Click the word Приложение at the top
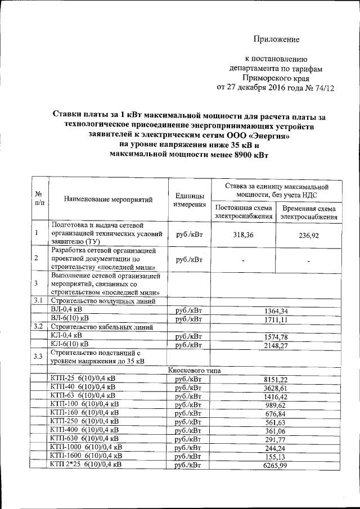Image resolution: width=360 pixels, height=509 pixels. [276, 39]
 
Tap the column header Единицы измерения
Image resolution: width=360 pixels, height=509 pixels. [190, 200]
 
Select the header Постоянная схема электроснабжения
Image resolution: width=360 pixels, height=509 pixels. [244, 213]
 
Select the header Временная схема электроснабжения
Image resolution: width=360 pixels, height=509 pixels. [309, 213]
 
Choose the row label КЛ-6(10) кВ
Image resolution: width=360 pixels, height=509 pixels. [69, 344]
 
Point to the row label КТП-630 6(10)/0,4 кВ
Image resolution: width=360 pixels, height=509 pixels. [84, 438]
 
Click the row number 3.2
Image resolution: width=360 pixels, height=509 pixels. [38, 327]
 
